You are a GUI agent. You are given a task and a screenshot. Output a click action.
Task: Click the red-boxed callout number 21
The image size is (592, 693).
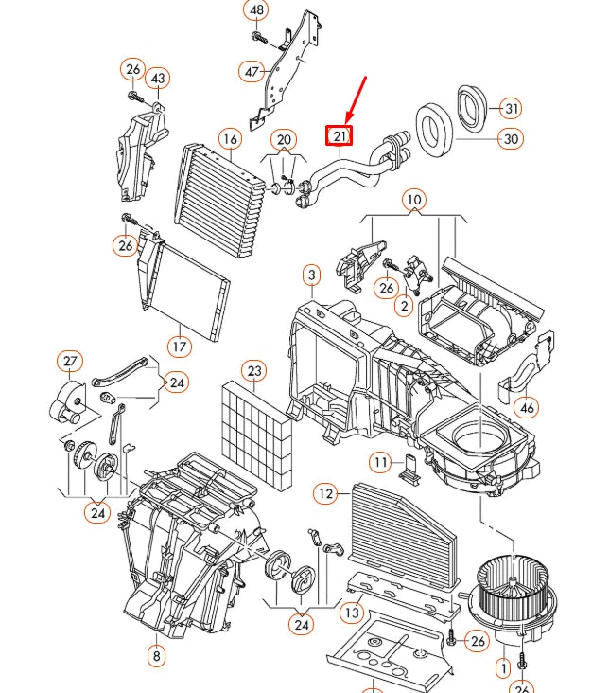(x=340, y=136)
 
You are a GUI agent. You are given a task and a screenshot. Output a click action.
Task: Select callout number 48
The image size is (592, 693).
(x=255, y=11)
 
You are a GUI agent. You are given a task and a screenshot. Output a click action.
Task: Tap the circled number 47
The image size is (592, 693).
(x=252, y=72)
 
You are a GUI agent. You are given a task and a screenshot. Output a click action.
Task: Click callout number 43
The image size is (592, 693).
(x=157, y=78)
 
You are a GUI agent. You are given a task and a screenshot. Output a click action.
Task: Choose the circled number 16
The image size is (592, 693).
(x=230, y=139)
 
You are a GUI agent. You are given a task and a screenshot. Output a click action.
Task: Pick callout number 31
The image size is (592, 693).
(x=511, y=108)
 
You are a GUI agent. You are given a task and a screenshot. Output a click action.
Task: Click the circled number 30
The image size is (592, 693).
(x=511, y=139)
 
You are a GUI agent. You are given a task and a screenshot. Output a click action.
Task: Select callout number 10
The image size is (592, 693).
(x=413, y=200)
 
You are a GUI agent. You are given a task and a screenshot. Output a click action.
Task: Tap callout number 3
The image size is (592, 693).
(x=311, y=275)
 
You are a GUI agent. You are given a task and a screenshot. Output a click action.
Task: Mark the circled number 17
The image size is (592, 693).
(x=180, y=346)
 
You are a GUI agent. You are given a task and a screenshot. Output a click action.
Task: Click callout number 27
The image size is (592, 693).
(x=70, y=362)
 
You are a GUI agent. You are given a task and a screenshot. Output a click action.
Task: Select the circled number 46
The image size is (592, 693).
(x=528, y=408)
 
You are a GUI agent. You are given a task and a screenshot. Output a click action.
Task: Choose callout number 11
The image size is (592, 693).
(x=379, y=462)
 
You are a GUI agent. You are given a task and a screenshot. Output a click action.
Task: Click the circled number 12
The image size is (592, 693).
(x=325, y=493)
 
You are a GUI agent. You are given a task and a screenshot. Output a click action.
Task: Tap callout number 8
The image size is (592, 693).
(x=156, y=655)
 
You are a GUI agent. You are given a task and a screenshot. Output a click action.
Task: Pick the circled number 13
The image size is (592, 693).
(x=352, y=613)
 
